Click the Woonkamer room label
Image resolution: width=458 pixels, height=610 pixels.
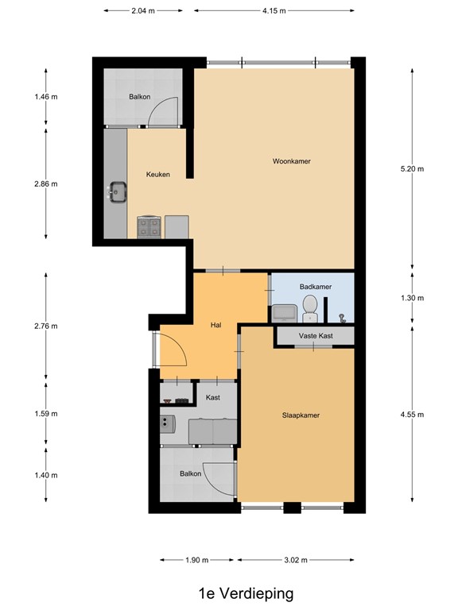point(291,161)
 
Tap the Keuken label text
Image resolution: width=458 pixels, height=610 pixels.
point(157,175)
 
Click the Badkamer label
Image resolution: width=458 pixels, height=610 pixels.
point(316,287)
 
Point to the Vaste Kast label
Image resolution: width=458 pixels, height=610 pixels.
point(316,336)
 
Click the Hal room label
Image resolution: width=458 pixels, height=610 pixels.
point(215,325)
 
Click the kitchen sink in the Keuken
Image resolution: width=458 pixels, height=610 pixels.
point(117,191)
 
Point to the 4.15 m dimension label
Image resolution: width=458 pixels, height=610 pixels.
point(273,11)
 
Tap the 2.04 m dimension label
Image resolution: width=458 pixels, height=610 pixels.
point(144,11)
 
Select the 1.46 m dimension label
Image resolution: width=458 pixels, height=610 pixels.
point(46,97)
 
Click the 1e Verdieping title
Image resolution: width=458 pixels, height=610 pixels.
point(246,593)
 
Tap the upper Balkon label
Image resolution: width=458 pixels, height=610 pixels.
point(140,98)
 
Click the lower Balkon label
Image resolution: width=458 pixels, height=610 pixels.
point(190,474)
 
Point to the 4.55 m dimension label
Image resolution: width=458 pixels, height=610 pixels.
point(413,414)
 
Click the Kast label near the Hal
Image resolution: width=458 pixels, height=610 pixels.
point(212,397)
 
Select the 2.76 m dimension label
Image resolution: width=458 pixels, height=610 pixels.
point(46,326)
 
